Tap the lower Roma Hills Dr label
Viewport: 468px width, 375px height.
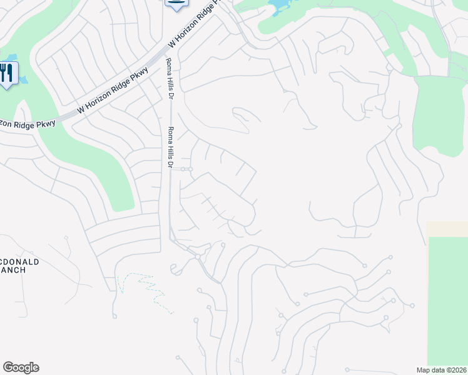pos(168,147)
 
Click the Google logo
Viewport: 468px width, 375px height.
pos(21,367)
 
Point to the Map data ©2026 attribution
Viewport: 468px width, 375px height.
pos(441,370)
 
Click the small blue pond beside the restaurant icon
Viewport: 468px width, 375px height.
pos(23,80)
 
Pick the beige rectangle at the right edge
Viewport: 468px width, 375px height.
pos(447,228)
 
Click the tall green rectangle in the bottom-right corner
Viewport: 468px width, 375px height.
pos(447,300)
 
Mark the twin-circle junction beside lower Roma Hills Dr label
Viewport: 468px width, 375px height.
pos(186,169)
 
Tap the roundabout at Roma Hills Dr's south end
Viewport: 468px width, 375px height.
pos(198,257)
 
